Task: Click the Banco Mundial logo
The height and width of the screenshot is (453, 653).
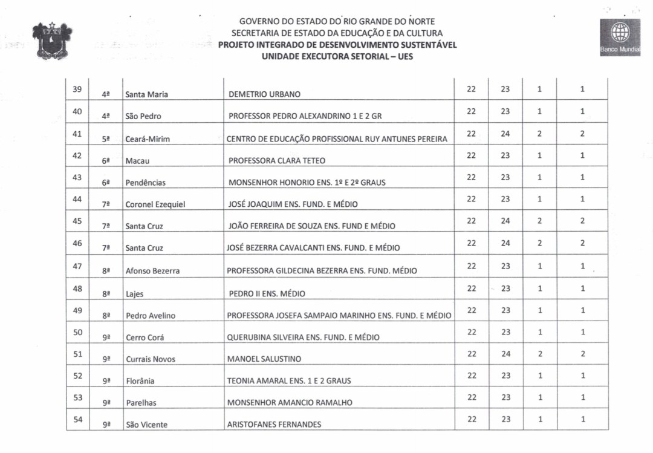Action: [x=620, y=37]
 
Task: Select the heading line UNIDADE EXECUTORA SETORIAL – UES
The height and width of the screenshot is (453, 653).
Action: [x=337, y=56]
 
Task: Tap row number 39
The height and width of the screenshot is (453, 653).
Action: [x=77, y=90]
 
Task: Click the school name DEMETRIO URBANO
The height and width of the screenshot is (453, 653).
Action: [x=264, y=94]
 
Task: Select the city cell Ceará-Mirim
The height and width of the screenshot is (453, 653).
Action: [x=148, y=139]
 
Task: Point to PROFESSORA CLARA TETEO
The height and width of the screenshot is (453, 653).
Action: [x=276, y=161]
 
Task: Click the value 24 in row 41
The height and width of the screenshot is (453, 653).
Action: [x=505, y=134]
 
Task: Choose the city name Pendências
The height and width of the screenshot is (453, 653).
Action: [x=145, y=183]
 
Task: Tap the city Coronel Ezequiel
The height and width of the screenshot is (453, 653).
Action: [x=155, y=204]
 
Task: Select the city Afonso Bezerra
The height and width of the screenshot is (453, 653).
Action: [x=152, y=271]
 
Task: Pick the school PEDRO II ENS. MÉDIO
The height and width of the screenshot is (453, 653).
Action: [x=267, y=294]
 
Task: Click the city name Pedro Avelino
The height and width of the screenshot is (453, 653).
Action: [x=151, y=316]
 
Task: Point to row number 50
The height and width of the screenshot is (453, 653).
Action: [x=77, y=332]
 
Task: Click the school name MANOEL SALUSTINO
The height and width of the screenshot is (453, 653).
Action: [x=264, y=359]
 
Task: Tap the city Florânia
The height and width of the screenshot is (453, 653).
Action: [x=140, y=381]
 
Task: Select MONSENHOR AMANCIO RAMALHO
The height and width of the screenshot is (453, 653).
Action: [x=290, y=403]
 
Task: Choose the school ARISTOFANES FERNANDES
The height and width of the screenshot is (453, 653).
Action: [x=274, y=425]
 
